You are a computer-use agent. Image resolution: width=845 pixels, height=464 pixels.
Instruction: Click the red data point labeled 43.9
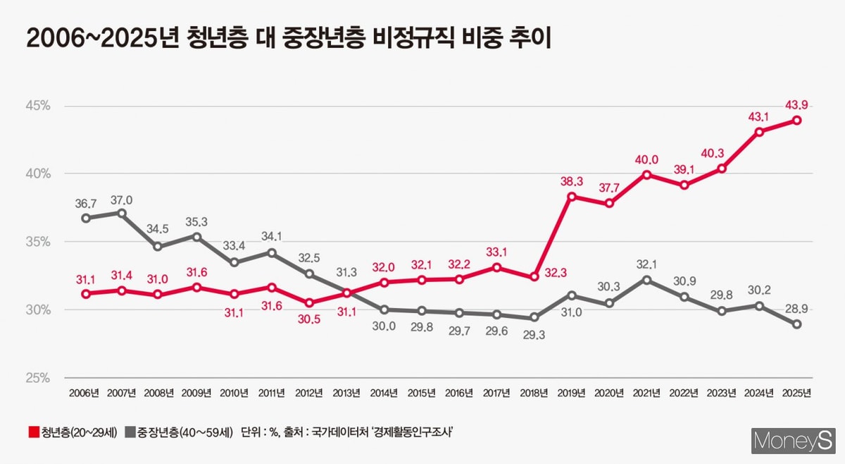796,120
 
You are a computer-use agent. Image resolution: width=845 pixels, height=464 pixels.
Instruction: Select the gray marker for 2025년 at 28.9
796,324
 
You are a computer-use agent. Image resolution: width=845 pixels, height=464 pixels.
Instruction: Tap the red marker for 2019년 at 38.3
571,196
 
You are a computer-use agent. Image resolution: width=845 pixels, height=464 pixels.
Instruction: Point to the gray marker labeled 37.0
121,213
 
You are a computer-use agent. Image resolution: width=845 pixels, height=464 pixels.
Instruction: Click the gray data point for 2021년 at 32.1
646,280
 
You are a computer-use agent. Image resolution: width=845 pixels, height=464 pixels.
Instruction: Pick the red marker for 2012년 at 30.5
309,303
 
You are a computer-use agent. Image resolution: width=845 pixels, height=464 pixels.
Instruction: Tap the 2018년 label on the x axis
534,393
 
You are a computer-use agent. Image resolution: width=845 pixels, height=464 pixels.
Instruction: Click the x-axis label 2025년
796,393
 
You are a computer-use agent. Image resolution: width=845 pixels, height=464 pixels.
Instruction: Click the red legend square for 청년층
33,432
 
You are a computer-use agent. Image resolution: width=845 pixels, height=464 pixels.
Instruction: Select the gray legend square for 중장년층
130,432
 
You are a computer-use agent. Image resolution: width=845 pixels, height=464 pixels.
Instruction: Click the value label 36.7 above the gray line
85,203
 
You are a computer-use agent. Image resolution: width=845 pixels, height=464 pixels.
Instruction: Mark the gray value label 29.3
533,336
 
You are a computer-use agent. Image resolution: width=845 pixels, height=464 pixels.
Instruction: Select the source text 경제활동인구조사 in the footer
412,432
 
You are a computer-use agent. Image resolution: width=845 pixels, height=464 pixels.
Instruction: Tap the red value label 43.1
758,116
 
